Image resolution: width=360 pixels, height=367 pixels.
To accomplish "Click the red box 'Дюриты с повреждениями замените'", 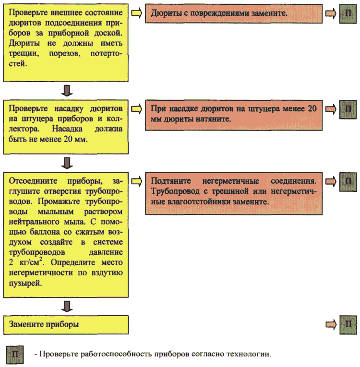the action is coord(233,13).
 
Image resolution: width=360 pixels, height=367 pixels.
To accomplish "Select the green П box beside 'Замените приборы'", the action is coord(348,324).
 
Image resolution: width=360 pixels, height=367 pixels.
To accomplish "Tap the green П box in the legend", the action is coord(15,355).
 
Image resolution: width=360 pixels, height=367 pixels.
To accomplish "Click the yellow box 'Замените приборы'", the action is coord(66,325).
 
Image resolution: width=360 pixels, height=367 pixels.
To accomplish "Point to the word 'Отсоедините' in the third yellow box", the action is coord(33,181).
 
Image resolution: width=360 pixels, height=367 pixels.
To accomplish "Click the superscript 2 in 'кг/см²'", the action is coord(41,259).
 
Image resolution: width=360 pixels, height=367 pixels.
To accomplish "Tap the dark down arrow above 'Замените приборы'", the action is coord(67,306).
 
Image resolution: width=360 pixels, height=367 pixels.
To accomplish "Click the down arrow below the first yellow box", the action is coord(67,91).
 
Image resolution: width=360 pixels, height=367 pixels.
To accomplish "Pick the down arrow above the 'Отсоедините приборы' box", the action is coord(67,163).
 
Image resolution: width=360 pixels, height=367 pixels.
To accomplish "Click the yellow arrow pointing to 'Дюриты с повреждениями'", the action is coord(136,13).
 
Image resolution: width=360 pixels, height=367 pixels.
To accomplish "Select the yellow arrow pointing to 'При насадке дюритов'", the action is coord(136,109).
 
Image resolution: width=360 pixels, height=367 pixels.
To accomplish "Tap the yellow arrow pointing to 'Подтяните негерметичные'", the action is coord(136,181).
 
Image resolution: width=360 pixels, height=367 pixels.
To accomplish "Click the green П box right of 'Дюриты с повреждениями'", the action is coord(348,14).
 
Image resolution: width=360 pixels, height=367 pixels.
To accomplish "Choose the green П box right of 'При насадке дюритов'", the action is coord(348,109).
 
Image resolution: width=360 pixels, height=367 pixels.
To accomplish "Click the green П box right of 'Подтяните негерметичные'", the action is coord(348,182).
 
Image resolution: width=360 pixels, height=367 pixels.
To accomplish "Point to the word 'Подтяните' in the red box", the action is coord(171,181).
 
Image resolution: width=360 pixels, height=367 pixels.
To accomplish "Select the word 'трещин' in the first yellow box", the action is coord(24,54).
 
